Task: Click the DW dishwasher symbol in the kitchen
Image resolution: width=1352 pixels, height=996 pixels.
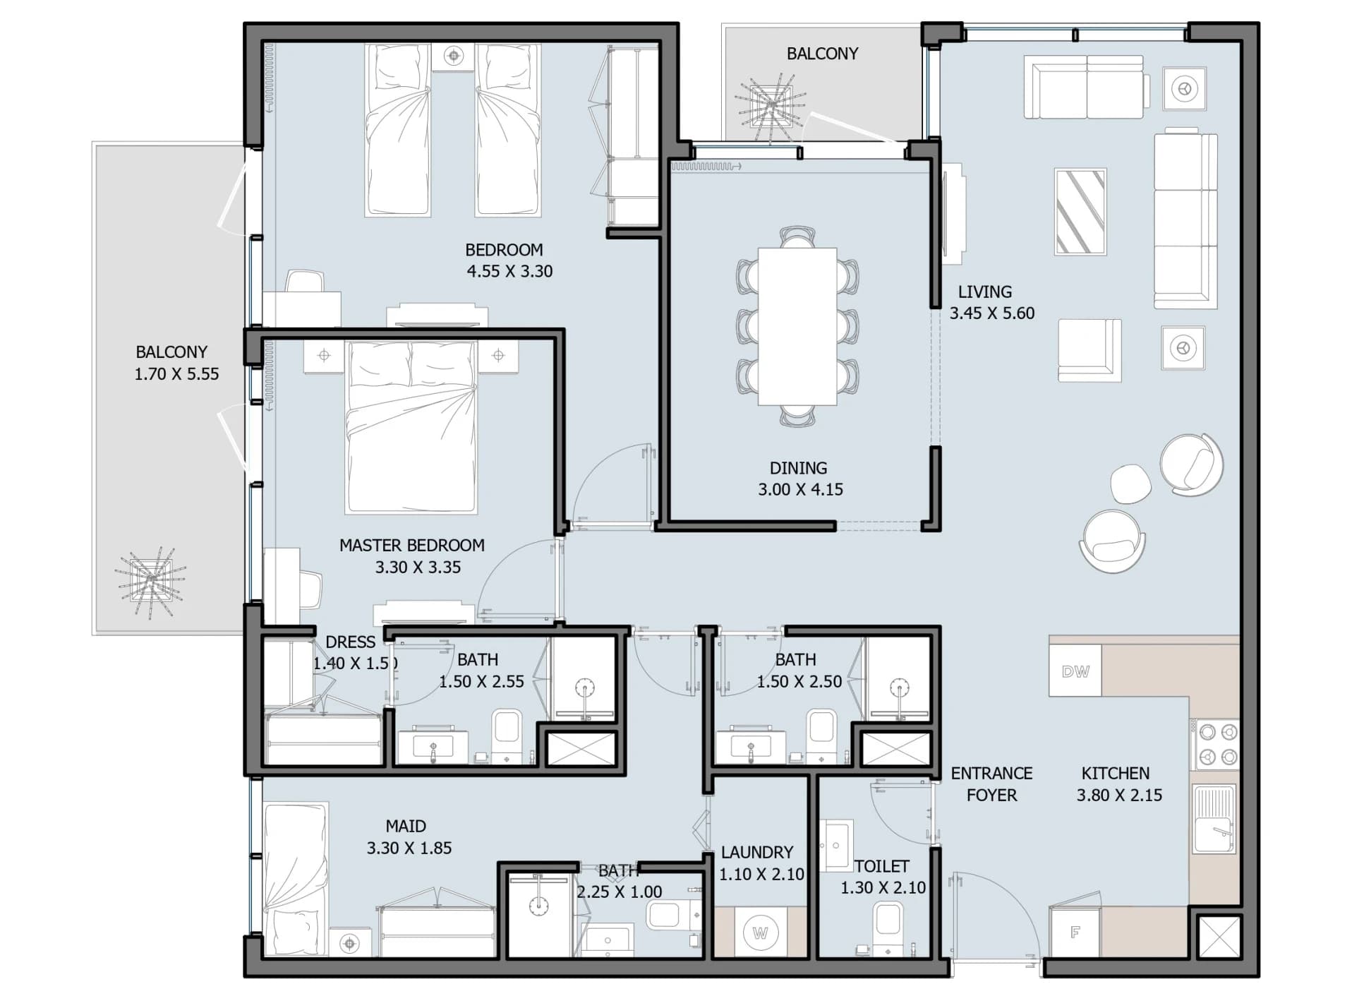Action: tap(1075, 671)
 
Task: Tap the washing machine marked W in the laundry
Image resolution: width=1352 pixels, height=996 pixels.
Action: tap(760, 932)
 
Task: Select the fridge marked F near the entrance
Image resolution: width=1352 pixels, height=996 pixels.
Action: tap(1075, 932)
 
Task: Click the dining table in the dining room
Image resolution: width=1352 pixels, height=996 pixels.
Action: tap(797, 326)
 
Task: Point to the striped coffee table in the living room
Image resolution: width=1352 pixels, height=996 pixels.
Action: tap(1080, 211)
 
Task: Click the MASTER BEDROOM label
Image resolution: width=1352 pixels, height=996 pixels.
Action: tap(412, 545)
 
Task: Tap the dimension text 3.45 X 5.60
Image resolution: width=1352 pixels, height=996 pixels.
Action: tap(991, 313)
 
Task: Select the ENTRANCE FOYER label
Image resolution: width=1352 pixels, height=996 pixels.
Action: tap(991, 784)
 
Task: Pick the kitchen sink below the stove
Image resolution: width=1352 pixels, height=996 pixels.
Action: tap(1214, 820)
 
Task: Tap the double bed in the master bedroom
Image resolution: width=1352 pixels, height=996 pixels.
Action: tap(411, 427)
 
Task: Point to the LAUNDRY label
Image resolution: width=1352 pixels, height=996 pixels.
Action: tap(757, 852)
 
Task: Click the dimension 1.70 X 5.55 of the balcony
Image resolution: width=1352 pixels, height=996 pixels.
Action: tap(176, 374)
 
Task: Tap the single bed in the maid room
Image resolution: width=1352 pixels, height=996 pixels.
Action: tap(296, 880)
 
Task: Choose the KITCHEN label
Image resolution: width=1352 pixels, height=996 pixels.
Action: tap(1116, 773)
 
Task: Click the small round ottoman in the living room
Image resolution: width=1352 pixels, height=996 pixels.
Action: tap(1130, 484)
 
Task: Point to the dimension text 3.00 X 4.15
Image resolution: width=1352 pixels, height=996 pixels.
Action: tap(800, 489)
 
